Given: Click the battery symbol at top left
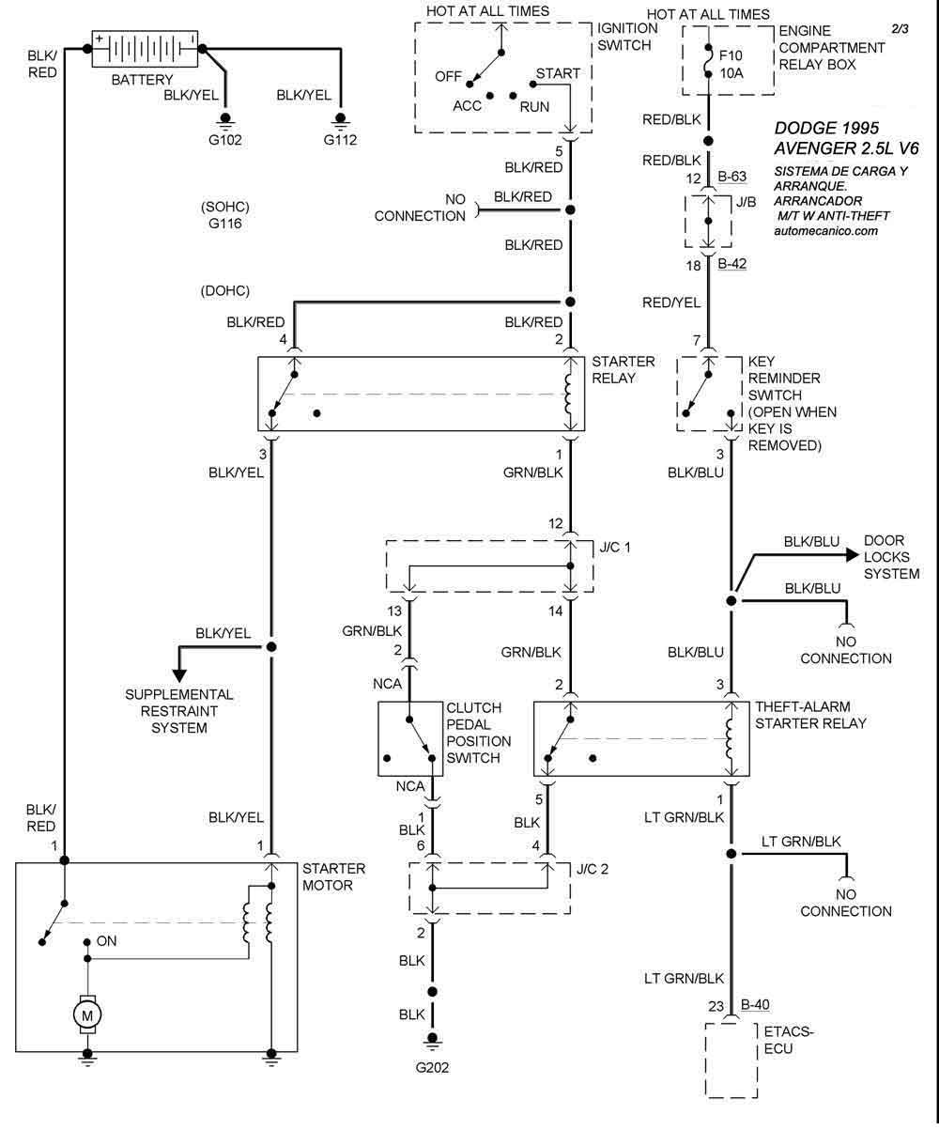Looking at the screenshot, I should pyautogui.click(x=145, y=48).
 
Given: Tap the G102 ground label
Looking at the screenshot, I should pyautogui.click(x=225, y=141).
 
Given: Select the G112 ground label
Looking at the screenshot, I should pyautogui.click(x=341, y=141).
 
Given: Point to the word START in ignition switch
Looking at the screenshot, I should pyautogui.click(x=558, y=73).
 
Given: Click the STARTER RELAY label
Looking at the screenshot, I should pyautogui.click(x=614, y=370).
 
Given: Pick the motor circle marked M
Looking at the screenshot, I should pyautogui.click(x=86, y=1014).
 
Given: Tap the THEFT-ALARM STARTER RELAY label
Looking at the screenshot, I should pyautogui.click(x=809, y=716).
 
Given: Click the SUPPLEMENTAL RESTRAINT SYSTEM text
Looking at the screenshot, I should pyautogui.click(x=179, y=711).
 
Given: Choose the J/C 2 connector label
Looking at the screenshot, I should pyautogui.click(x=591, y=868).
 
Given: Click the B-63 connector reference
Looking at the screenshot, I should pyautogui.click(x=732, y=176).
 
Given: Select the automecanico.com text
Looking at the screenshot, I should pyautogui.click(x=827, y=230).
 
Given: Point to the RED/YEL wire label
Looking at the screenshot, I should pyautogui.click(x=671, y=302).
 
